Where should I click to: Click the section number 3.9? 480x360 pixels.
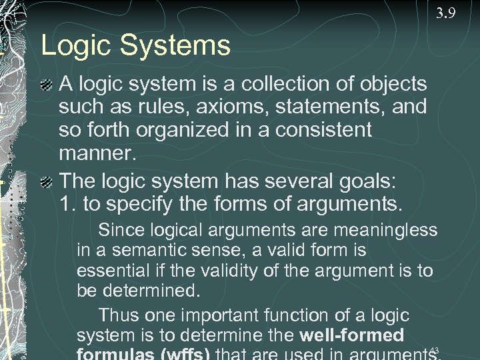(446, 13)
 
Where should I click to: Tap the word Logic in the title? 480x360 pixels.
(71, 46)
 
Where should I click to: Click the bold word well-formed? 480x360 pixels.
(352, 335)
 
